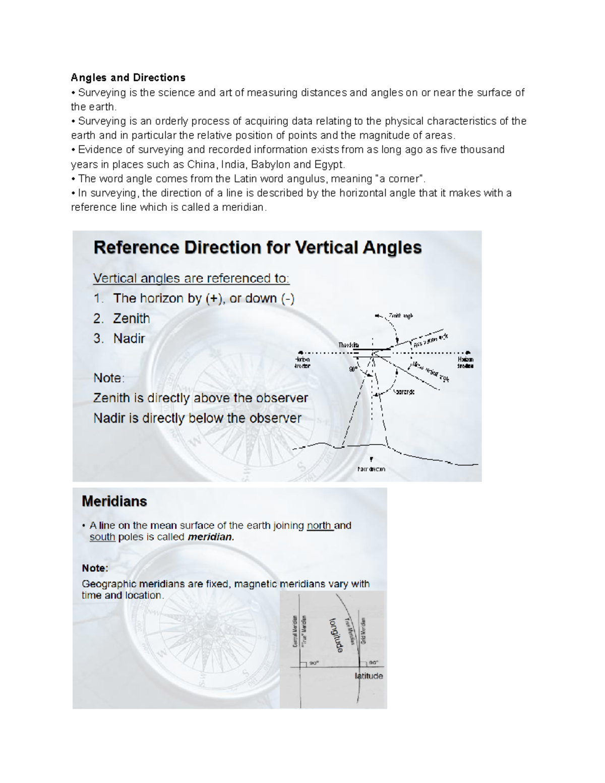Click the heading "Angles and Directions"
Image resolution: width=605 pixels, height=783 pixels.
click(128, 78)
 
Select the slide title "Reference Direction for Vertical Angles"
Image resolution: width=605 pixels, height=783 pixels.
click(258, 248)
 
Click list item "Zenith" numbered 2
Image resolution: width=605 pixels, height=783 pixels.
click(131, 319)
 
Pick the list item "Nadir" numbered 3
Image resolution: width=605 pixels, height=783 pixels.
click(129, 339)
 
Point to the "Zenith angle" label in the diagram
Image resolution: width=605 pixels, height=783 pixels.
click(400, 316)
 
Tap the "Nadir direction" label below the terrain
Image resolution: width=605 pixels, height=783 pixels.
click(372, 469)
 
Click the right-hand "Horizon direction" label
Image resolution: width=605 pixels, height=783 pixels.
click(465, 363)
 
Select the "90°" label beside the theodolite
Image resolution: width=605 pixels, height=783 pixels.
click(353, 370)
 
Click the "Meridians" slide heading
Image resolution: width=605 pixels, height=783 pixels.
click(114, 501)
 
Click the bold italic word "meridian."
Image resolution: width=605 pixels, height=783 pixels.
click(211, 537)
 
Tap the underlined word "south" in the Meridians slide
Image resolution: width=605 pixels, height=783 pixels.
click(102, 537)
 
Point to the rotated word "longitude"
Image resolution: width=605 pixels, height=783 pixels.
click(336, 635)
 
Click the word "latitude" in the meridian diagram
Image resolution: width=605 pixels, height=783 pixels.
click(369, 676)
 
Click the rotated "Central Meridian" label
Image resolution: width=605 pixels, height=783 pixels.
click(295, 631)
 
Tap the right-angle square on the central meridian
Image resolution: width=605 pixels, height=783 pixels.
click(303, 664)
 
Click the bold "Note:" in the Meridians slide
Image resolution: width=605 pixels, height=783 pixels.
click(95, 568)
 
